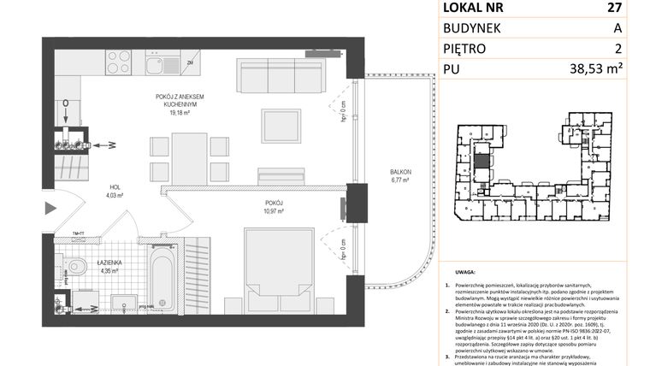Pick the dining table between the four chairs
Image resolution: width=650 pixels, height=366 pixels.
[x=189, y=157]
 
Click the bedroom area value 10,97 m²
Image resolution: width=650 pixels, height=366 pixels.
[x=274, y=210]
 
